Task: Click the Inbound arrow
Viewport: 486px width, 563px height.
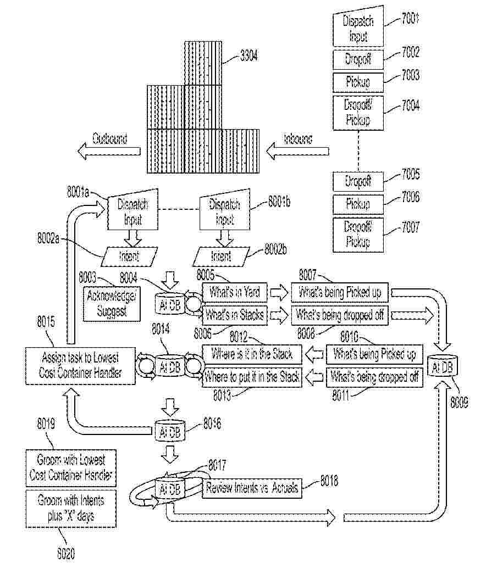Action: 297,150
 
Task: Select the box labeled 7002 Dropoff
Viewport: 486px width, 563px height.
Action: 358,58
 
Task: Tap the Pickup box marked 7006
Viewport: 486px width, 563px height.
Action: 358,204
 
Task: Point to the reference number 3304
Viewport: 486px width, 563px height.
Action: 249,55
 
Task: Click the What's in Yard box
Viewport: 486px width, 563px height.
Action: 235,292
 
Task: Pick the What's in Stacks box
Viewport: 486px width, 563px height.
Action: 235,315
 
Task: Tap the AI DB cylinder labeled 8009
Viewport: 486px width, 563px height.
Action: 443,367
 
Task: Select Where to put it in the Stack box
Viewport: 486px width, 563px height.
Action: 252,377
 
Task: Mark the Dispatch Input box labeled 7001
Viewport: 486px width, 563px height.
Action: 358,29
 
